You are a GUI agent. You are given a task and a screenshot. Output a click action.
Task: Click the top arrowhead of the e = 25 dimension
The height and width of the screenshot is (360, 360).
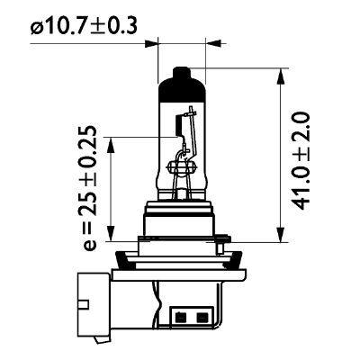tap(112, 141)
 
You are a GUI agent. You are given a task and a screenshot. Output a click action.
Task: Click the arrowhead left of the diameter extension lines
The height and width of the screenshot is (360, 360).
tap(154, 40)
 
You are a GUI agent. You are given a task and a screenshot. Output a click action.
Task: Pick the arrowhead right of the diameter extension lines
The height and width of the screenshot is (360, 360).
tap(211, 40)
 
